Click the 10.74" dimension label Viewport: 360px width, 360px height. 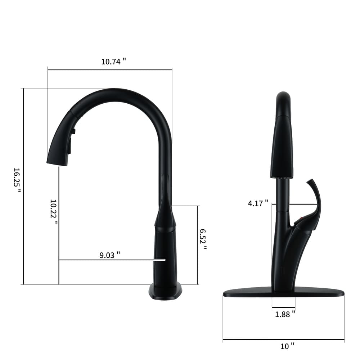(x=113, y=61)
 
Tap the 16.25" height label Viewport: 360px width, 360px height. (x=17, y=180)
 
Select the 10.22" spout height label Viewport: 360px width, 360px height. (x=54, y=211)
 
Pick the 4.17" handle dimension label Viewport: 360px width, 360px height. (x=258, y=203)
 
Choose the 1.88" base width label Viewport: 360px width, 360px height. (x=285, y=314)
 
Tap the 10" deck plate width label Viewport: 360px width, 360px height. (x=287, y=346)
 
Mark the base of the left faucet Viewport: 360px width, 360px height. (x=165, y=291)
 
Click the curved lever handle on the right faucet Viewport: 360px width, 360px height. (x=315, y=202)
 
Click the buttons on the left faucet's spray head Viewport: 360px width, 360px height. (x=73, y=139)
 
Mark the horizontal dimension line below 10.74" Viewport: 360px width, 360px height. (x=110, y=69)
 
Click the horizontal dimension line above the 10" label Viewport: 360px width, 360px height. (x=284, y=339)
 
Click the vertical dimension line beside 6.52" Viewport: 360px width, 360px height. (x=197, y=245)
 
